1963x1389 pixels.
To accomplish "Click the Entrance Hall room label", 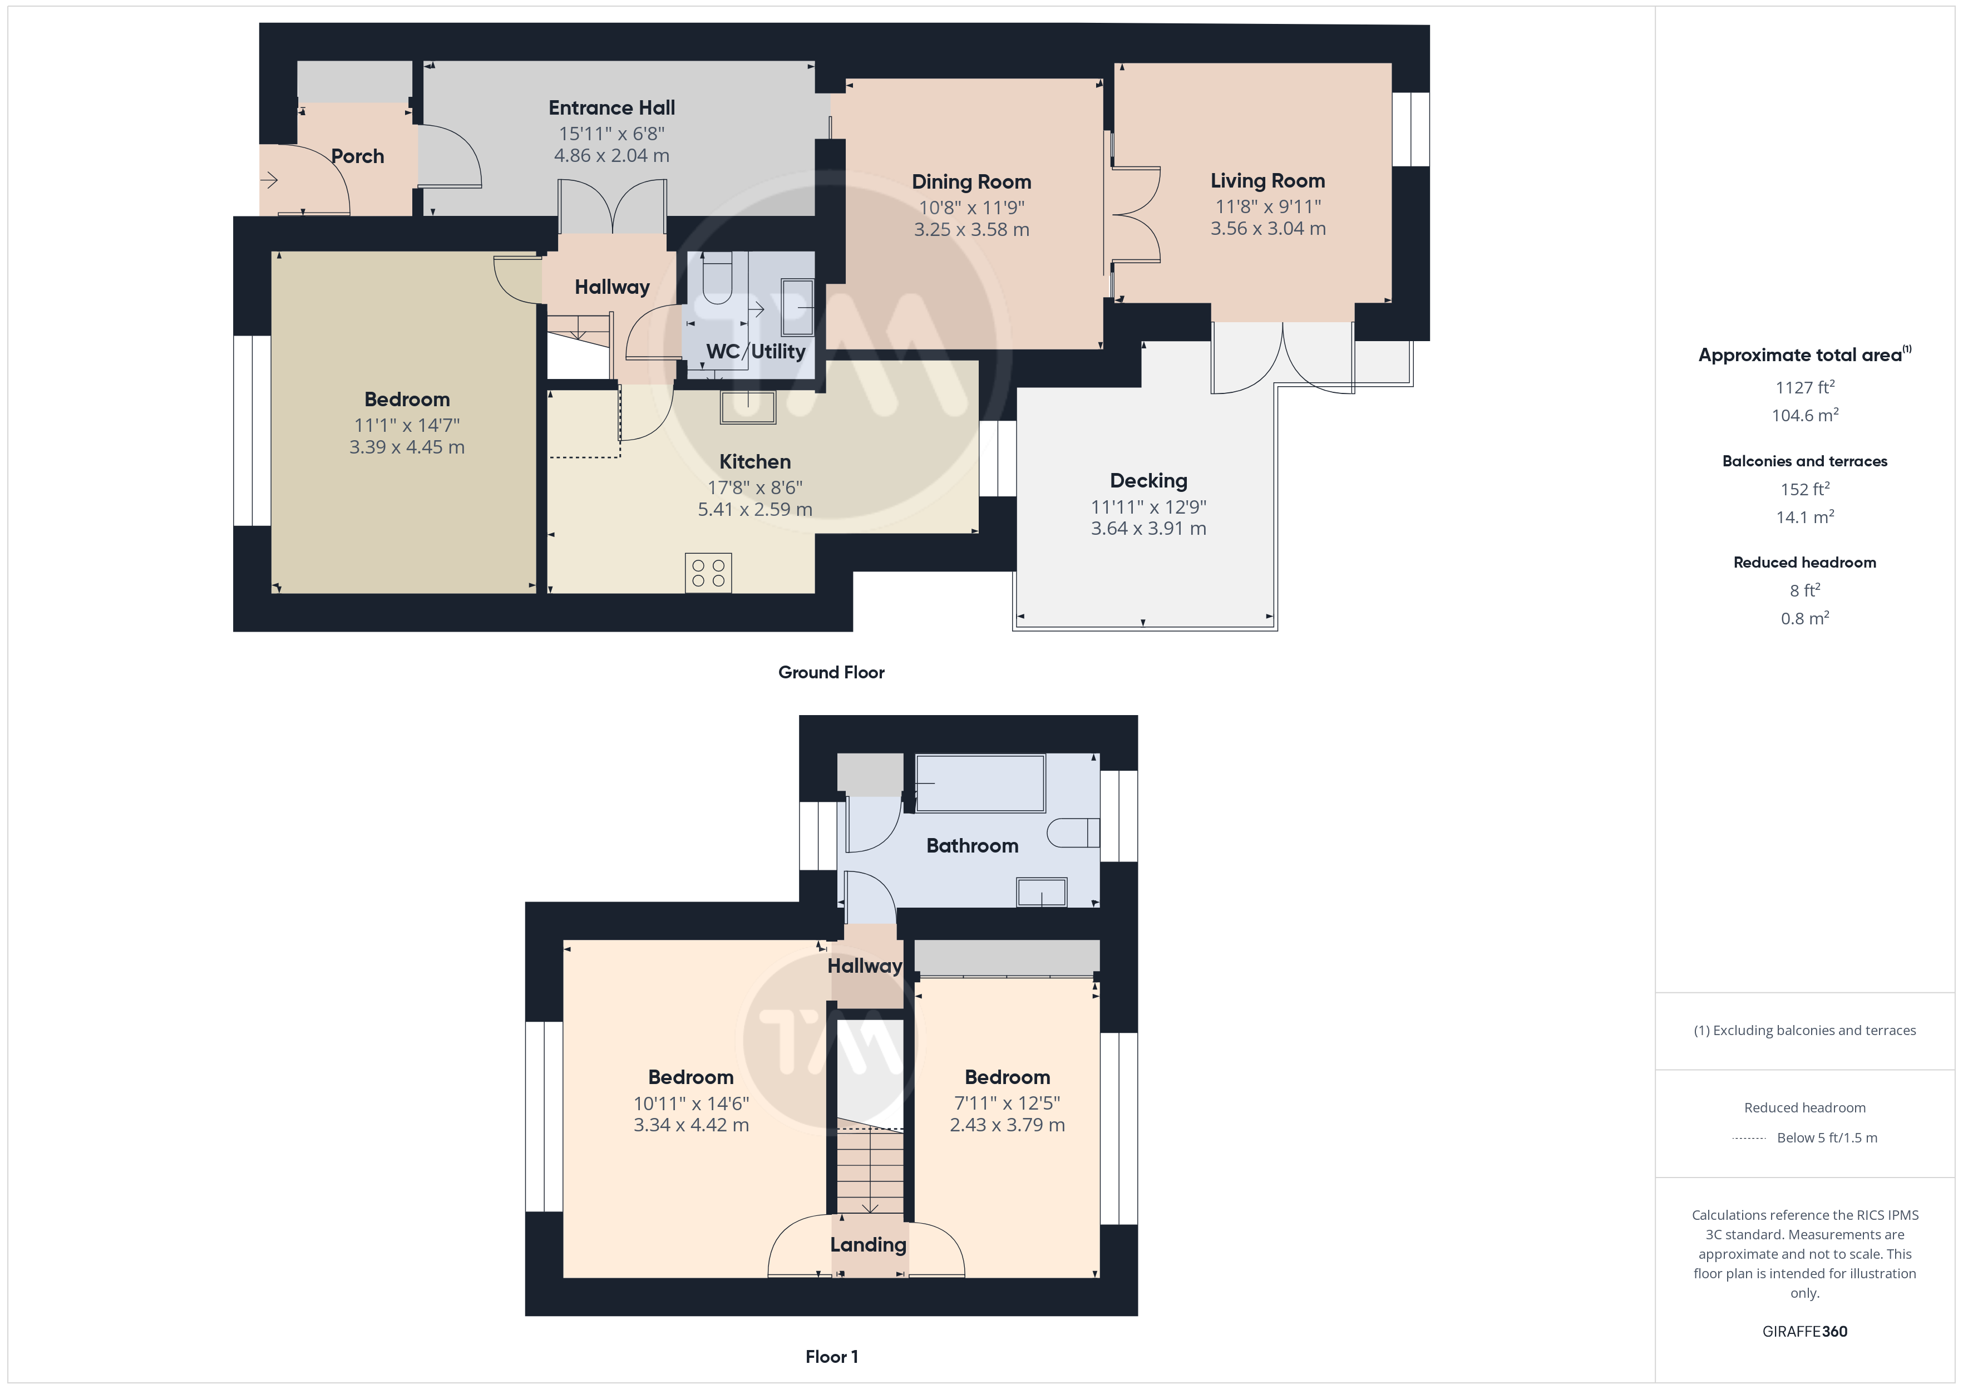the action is click(611, 108).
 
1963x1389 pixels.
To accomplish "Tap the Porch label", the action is click(357, 156).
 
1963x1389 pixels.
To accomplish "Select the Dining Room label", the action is click(971, 182).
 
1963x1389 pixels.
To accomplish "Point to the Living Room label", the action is click(1268, 181).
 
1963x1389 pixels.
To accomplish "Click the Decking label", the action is click(1148, 481).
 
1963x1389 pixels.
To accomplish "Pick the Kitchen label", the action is click(755, 462).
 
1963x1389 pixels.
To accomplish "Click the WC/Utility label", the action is click(756, 352).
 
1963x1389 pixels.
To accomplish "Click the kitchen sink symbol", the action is click(748, 407).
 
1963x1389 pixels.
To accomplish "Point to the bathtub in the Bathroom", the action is click(980, 782).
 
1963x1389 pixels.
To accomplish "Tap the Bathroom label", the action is click(972, 846).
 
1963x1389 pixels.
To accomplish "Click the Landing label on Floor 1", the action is click(868, 1245).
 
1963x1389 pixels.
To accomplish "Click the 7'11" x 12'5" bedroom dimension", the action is click(1007, 1104).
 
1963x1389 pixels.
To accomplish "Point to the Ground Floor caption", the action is click(831, 672).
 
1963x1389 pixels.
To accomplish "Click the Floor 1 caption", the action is click(831, 1357).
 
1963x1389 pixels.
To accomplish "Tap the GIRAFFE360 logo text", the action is click(1805, 1332).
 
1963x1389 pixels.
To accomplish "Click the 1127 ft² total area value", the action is click(1805, 387).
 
